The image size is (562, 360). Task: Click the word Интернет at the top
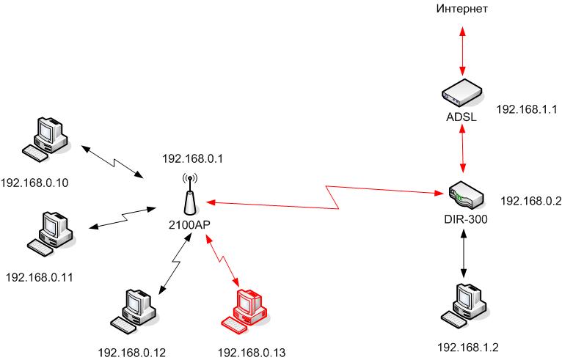[x=462, y=9]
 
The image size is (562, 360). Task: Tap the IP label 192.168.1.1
[x=528, y=109]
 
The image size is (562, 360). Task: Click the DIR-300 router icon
[x=462, y=194]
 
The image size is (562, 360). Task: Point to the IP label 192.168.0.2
[x=531, y=199]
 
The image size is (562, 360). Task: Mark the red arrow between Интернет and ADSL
[x=462, y=49]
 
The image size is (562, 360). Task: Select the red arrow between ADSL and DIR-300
[x=462, y=147]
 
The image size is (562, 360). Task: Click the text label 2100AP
[x=189, y=224]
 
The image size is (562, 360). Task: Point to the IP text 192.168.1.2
[x=467, y=346]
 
